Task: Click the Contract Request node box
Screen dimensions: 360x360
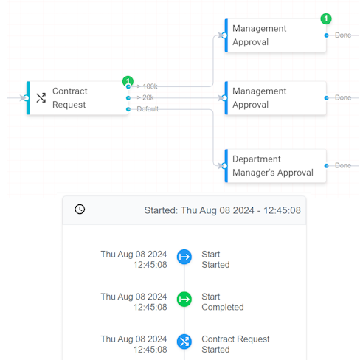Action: click(77, 98)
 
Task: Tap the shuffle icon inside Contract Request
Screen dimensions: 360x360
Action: click(41, 98)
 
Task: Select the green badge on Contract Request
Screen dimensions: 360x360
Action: click(128, 81)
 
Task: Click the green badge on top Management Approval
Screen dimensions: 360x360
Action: click(326, 18)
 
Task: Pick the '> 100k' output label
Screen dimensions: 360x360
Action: click(147, 86)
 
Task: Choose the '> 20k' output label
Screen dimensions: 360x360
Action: click(145, 97)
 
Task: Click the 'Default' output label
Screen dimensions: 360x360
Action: click(148, 109)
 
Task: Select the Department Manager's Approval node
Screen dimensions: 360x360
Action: click(275, 166)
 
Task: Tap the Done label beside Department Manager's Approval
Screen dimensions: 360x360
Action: click(343, 165)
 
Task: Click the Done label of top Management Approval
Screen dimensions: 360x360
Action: click(343, 35)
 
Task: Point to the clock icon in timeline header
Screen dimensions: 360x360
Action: click(80, 210)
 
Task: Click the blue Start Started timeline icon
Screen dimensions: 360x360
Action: click(184, 257)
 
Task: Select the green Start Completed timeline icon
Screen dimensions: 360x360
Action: click(184, 300)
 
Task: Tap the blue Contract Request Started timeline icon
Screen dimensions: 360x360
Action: click(184, 342)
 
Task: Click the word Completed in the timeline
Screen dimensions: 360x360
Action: click(223, 308)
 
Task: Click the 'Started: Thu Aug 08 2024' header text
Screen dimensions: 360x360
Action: click(199, 210)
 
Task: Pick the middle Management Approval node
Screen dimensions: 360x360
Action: click(275, 98)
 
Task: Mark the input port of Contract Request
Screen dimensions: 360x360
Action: click(26, 98)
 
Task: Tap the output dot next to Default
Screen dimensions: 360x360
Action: click(128, 109)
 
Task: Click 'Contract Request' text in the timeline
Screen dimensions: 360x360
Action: click(235, 339)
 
